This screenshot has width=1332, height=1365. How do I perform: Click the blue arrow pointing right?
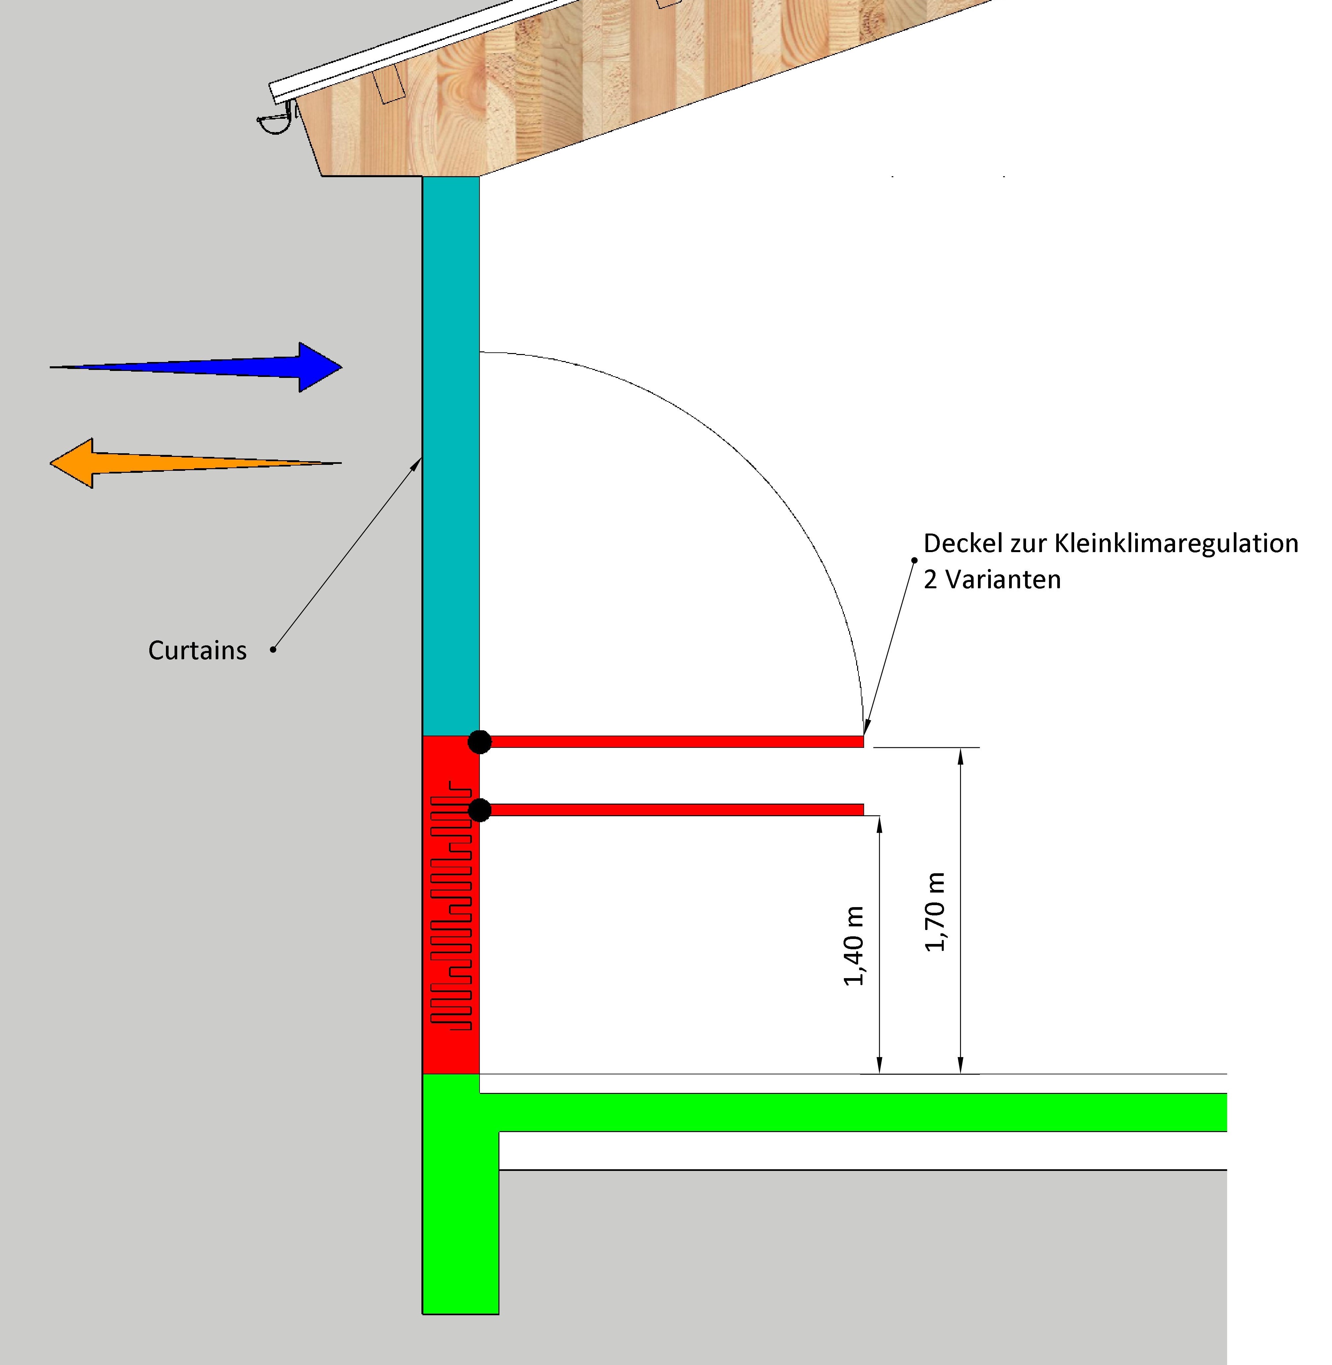pos(210,367)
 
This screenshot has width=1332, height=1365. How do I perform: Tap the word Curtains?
pos(197,651)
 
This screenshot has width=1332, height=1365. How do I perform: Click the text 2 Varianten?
pos(992,580)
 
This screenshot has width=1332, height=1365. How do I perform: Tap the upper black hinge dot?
pos(479,742)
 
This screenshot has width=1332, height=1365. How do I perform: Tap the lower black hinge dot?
pos(479,810)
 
